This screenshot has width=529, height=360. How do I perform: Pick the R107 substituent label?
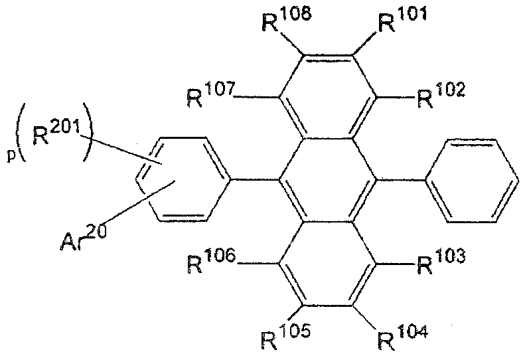(x=211, y=97)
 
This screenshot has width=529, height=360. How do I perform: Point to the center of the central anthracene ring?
(x=327, y=179)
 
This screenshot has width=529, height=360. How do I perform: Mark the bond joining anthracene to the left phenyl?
(x=254, y=179)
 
